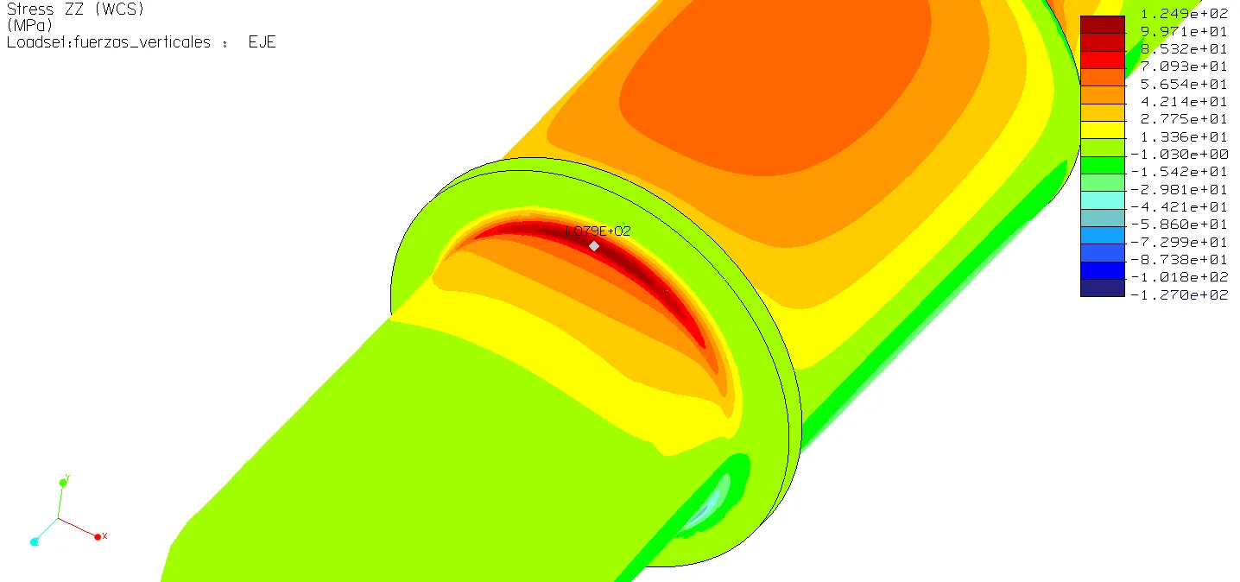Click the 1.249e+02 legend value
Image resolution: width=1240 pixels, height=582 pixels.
(1184, 13)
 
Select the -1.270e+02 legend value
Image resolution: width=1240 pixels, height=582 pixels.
(1179, 294)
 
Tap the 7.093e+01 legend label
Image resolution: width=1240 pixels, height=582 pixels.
(1184, 66)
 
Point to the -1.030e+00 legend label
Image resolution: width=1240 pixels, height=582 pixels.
(1179, 154)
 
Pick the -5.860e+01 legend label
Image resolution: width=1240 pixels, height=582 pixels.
(1179, 225)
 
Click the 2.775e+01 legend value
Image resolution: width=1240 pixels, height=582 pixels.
(1184, 119)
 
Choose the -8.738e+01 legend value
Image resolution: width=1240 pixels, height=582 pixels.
(1179, 259)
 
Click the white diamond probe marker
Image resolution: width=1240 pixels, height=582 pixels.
(594, 246)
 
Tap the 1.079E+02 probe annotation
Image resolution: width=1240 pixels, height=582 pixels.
(598, 231)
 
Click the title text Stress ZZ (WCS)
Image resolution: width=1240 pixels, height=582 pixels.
(75, 9)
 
